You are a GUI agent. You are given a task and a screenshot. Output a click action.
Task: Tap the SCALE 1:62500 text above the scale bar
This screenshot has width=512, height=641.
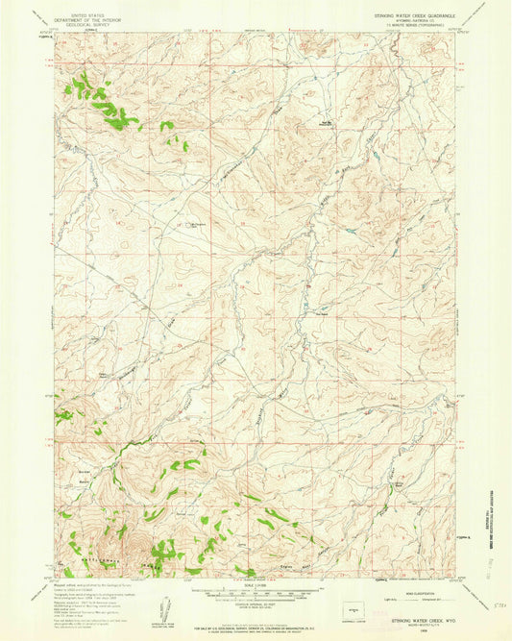click(x=254, y=583)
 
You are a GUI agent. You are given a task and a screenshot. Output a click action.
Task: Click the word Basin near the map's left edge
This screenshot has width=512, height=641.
click(x=84, y=478)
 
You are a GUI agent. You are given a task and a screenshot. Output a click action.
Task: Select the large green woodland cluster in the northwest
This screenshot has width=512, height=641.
click(x=101, y=101)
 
